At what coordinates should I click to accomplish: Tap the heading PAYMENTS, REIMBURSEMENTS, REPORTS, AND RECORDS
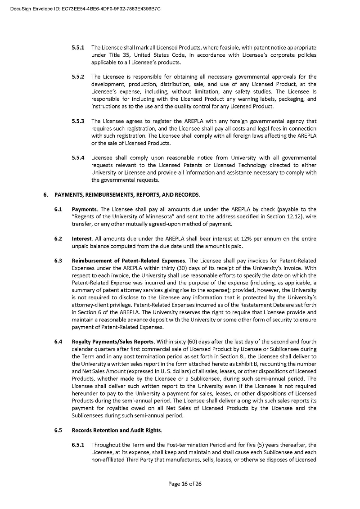(127, 195)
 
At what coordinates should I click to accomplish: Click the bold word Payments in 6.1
(84, 209)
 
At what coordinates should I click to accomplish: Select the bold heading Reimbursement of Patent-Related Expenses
(129, 261)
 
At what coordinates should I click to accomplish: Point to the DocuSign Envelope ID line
(85, 9)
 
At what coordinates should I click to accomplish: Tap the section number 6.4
(58, 342)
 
